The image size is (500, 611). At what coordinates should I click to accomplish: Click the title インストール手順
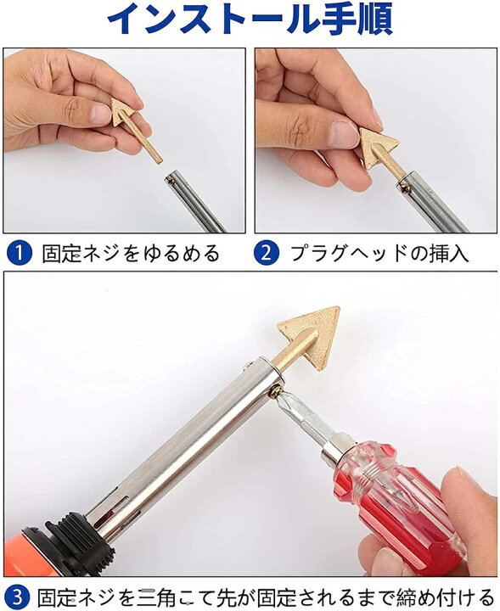click(x=250, y=20)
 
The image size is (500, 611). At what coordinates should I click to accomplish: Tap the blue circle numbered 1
click(x=19, y=253)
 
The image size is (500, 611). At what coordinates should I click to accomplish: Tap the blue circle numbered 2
click(x=267, y=253)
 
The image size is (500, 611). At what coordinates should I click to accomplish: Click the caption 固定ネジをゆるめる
click(x=131, y=253)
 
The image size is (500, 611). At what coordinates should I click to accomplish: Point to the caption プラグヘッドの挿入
click(x=379, y=253)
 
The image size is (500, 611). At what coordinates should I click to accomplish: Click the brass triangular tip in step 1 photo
click(x=133, y=126)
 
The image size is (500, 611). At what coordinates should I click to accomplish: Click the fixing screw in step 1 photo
click(x=170, y=180)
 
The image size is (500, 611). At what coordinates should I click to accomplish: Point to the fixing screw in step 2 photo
click(x=405, y=188)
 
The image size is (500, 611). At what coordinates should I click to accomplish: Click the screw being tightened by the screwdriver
click(x=276, y=390)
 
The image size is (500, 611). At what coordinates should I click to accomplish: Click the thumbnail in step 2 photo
click(x=344, y=135)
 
